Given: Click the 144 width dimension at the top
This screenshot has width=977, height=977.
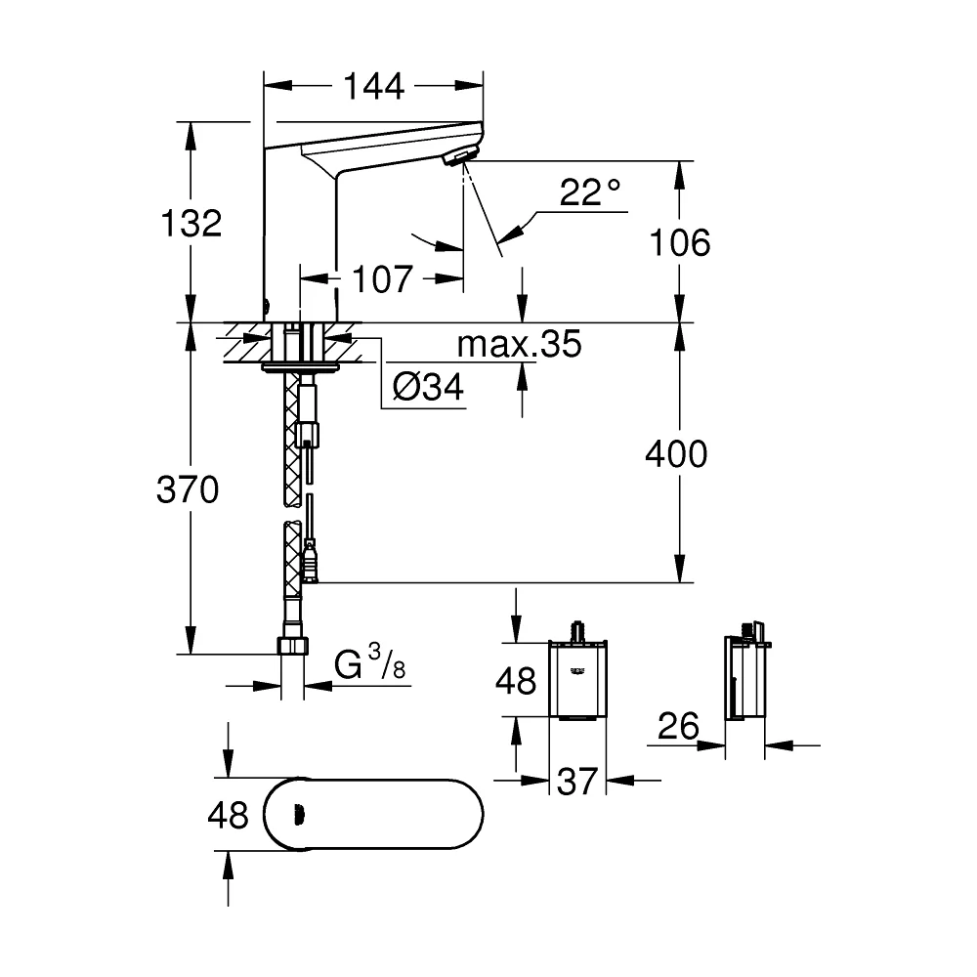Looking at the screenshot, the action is [374, 86].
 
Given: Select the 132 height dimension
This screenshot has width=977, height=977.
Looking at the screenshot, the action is [191, 223].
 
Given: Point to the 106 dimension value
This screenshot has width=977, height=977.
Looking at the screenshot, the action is [680, 242].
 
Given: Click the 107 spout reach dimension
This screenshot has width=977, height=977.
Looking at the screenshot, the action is [383, 279].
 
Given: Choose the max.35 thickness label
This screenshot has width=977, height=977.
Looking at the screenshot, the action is [519, 343].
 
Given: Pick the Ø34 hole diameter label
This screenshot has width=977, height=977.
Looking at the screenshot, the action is [428, 387].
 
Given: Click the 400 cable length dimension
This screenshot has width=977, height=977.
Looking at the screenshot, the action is [676, 453].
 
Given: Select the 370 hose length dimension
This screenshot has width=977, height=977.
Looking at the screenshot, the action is [188, 489].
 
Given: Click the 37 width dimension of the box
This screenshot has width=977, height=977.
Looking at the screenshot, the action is [577, 782].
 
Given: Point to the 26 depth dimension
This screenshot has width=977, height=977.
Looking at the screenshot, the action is [678, 726].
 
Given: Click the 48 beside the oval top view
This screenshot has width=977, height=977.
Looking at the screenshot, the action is [228, 815].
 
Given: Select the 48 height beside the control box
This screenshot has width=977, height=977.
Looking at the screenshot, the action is [516, 680].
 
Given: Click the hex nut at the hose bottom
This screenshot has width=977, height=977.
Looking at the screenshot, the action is [292, 646].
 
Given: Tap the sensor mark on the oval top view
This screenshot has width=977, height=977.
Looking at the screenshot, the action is [299, 813].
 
